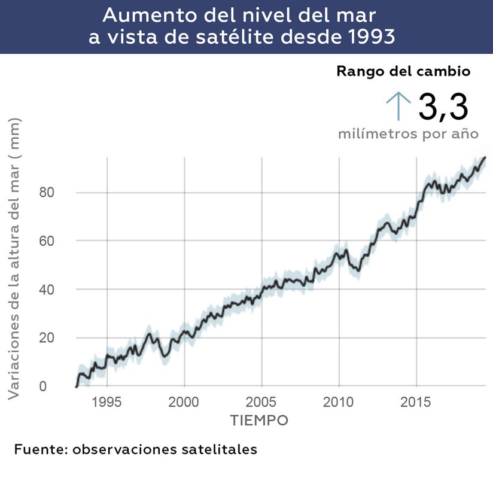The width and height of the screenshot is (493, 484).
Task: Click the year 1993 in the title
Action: point(371,36)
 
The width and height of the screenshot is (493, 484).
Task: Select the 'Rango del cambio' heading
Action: point(403,71)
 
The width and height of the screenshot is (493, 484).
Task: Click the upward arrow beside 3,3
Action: point(397,107)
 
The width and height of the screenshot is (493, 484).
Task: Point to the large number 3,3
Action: point(442,107)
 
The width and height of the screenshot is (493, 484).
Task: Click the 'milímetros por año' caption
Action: point(408,133)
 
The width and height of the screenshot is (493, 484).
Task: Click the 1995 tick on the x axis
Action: point(107,401)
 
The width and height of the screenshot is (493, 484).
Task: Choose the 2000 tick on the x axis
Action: point(184,401)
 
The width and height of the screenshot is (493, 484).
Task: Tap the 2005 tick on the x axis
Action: point(261,401)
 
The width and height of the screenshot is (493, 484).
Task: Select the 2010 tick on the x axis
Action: point(339,401)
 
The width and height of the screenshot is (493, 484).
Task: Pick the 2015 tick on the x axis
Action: point(416,401)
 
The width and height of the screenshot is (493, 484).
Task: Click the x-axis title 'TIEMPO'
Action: point(259,420)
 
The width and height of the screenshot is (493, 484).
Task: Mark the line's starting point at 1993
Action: point(77,386)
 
